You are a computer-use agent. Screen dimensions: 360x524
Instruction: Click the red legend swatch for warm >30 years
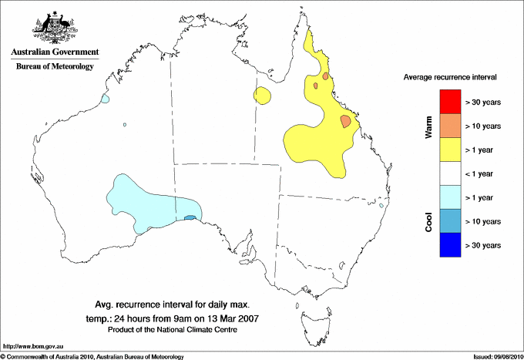(449, 102)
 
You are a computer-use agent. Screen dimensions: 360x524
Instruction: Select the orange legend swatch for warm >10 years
(449, 126)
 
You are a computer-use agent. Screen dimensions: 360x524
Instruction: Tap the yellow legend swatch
(449, 150)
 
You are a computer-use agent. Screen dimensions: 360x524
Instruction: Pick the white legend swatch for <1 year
(449, 173)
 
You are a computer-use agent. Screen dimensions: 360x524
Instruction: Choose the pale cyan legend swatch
(449, 197)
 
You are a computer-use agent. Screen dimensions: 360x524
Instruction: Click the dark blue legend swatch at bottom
(449, 245)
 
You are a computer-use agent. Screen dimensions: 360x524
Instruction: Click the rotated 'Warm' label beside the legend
(429, 126)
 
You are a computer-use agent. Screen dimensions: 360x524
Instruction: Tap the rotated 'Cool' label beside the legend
(429, 221)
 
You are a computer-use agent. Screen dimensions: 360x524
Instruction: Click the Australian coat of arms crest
(55, 28)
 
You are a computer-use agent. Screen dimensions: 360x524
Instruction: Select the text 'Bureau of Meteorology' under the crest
(55, 66)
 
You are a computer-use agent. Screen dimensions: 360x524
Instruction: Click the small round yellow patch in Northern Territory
(263, 96)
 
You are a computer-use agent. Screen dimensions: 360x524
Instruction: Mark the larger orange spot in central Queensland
(346, 121)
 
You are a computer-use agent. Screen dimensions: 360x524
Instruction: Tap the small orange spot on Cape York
(326, 76)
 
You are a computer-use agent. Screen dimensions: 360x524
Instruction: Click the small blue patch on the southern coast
(190, 218)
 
